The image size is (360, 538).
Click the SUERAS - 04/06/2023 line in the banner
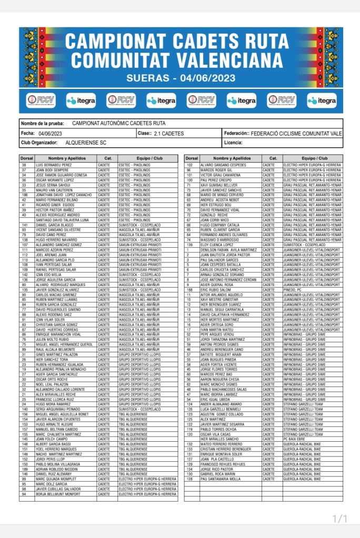pyautogui.click(x=180, y=78)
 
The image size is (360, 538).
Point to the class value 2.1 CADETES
pyautogui.click(x=169, y=133)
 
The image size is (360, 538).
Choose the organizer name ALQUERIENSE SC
pyautogui.click(x=86, y=143)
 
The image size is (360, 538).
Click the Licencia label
pyautogui.click(x=233, y=143)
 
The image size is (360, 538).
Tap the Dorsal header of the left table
pyautogui.click(x=26, y=158)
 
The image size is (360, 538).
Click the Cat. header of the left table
pyautogui.click(x=107, y=158)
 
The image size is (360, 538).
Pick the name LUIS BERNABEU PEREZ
pyautogui.click(x=54, y=165)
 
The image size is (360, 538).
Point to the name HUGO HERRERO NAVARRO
pyautogui.click(x=56, y=240)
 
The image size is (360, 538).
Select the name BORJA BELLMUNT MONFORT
pyautogui.click(x=57, y=494)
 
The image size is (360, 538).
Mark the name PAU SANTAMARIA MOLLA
pyautogui.click(x=221, y=479)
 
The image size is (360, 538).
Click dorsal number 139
pyautogui.click(x=189, y=245)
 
